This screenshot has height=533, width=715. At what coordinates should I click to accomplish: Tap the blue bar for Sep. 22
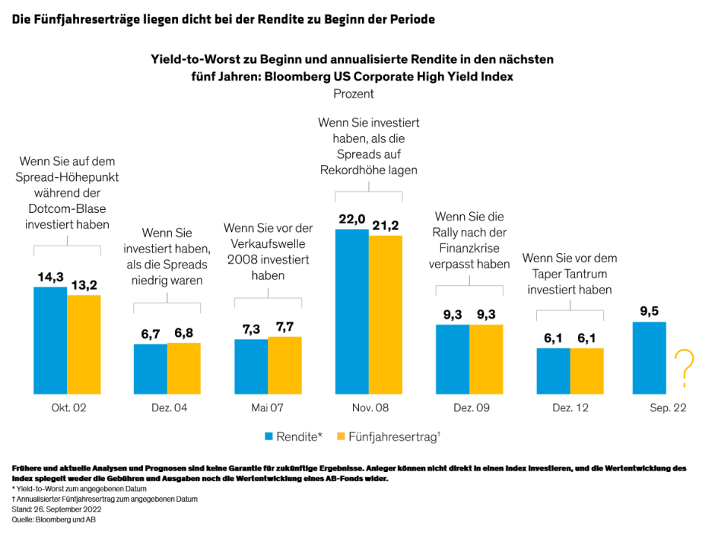click(x=649, y=357)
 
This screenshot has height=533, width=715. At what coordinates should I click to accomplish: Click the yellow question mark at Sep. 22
click(x=685, y=368)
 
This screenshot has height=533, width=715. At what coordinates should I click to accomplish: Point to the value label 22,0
click(x=351, y=219)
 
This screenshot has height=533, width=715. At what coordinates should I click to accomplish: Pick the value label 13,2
click(x=84, y=285)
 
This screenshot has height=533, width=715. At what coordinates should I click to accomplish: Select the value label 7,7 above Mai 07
click(x=284, y=327)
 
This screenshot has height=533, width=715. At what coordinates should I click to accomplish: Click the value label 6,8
click(x=184, y=334)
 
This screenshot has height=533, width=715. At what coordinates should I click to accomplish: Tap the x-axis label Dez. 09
click(x=469, y=408)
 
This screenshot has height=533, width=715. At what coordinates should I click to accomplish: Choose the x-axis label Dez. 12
click(x=570, y=408)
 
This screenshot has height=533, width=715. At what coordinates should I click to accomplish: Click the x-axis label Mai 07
click(x=268, y=408)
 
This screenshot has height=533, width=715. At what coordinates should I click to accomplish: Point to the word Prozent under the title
click(x=354, y=94)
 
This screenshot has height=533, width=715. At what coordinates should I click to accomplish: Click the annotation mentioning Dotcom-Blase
click(x=67, y=193)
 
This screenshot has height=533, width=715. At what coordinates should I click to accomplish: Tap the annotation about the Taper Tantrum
click(x=570, y=274)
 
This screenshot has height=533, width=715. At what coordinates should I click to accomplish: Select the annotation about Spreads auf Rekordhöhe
click(x=368, y=146)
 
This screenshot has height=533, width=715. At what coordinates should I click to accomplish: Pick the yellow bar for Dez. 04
click(x=184, y=368)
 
